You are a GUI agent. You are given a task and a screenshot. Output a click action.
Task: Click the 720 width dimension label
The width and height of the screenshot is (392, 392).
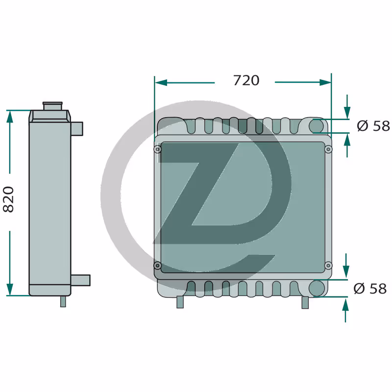[x=246, y=80]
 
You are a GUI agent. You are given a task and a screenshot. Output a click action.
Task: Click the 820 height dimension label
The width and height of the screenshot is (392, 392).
[x=8, y=199]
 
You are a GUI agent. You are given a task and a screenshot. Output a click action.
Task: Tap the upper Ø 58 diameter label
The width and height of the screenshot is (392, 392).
[x=373, y=126]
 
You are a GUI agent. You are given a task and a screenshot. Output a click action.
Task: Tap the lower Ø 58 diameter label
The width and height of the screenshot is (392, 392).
[x=370, y=289]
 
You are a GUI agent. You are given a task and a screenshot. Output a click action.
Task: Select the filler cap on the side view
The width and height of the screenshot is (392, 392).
[x=52, y=106]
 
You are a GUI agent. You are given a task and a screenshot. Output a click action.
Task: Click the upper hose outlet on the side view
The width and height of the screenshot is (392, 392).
[x=77, y=129]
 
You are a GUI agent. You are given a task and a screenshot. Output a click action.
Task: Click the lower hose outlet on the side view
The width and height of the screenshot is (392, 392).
[x=80, y=280]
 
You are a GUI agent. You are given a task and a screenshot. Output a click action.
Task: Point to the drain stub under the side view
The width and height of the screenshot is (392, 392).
[x=63, y=301]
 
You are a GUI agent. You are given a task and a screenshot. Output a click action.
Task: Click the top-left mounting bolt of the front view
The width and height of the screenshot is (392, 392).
[x=157, y=149]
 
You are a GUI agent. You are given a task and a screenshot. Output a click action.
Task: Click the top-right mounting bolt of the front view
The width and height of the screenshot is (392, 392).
[x=328, y=149]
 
